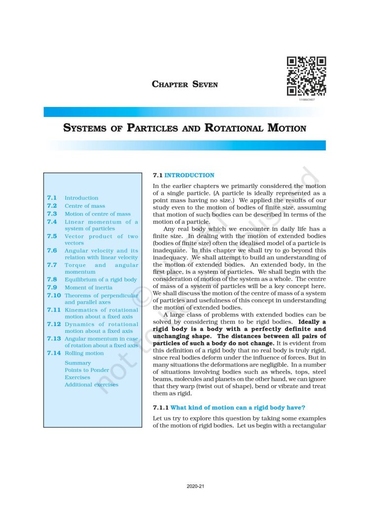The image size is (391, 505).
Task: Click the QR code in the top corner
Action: click(306, 76)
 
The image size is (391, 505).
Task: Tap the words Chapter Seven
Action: click(185, 84)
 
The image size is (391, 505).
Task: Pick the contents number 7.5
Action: click(52, 236)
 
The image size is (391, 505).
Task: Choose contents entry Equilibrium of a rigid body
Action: click(101, 280)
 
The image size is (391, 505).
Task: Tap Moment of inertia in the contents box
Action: click(88, 287)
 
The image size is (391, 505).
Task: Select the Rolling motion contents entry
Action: click(84, 353)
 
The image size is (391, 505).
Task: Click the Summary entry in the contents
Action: click(77, 363)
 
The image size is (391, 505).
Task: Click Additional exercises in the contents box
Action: click(91, 385)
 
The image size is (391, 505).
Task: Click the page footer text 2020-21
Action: click(195, 486)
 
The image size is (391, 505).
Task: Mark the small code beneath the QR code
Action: click(306, 100)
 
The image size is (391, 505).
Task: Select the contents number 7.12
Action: click(54, 324)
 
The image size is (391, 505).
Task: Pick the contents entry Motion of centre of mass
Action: click(98, 214)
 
